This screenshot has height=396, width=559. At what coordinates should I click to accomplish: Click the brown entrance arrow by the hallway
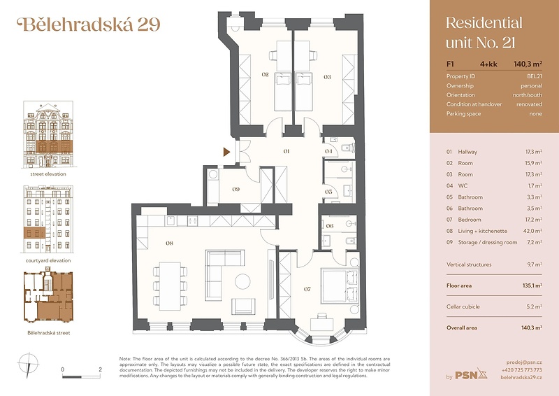click(226, 152)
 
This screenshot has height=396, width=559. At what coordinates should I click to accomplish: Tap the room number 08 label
click(169, 243)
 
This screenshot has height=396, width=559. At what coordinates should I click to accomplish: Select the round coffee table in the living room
click(242, 281)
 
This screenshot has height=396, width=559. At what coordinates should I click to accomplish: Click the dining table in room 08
click(170, 286)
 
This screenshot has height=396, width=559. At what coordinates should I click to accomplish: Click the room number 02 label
click(265, 75)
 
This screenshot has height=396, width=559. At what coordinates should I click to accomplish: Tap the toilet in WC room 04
click(347, 148)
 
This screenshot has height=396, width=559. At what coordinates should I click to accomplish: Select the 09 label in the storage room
click(236, 189)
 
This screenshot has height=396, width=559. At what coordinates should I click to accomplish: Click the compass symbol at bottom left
click(28, 365)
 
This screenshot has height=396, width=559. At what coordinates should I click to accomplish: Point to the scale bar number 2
click(100, 369)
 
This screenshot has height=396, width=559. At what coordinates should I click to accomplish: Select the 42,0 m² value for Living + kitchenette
click(532, 231)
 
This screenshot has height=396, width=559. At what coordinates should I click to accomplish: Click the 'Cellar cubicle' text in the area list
click(463, 306)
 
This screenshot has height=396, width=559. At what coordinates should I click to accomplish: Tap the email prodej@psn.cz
click(524, 362)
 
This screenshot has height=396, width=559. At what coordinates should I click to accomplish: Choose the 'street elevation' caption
click(48, 174)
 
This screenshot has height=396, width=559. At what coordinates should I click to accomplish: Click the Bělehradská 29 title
click(89, 24)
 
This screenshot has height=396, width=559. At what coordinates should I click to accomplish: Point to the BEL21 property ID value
click(535, 76)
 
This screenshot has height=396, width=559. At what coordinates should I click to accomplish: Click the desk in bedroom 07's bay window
click(322, 324)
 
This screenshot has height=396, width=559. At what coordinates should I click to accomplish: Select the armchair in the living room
click(243, 306)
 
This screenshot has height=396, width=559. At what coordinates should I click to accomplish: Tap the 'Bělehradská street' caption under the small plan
click(49, 333)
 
